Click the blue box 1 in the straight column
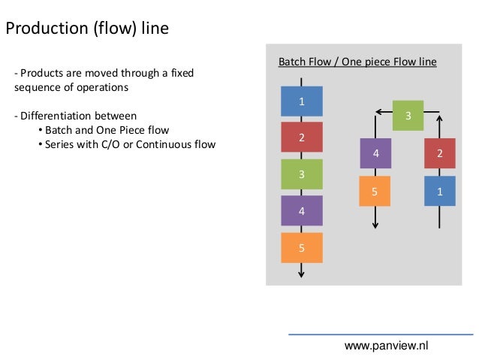point(301,101)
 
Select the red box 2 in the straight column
point(301,138)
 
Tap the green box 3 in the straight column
point(301,174)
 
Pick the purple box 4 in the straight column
point(301,210)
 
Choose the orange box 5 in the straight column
point(301,247)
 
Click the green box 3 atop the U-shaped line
point(408,116)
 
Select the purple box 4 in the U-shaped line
point(375,153)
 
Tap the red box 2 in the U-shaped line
point(440,153)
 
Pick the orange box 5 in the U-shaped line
point(375,191)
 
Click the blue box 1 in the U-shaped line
point(440,191)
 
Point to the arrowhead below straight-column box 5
point(301,274)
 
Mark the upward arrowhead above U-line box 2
point(440,116)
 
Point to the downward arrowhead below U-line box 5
point(375,226)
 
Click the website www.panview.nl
point(385,345)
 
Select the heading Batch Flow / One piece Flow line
point(357,62)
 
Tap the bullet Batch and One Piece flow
point(107,130)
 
